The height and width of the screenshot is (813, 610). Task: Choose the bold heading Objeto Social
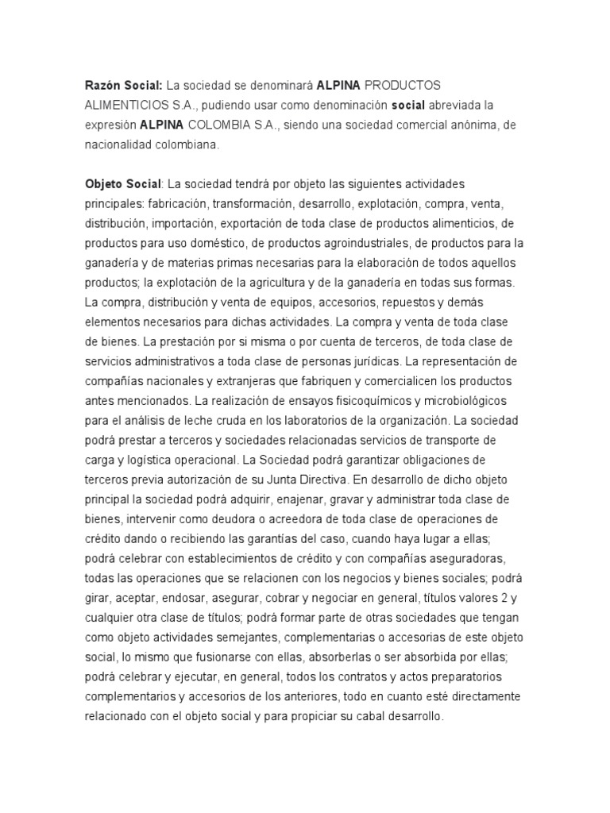coord(123,183)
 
